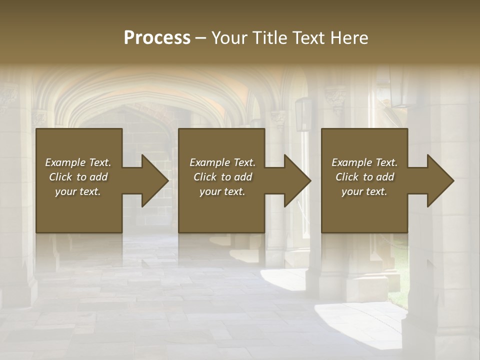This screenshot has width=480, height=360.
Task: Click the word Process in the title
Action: point(157,38)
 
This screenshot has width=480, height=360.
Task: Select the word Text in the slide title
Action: point(308,38)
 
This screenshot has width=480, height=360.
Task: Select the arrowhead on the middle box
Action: point(296,180)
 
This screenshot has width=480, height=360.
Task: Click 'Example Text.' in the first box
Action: point(78,162)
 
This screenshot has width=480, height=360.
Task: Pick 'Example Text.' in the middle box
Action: point(222,162)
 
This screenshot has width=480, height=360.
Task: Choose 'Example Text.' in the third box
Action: point(364,162)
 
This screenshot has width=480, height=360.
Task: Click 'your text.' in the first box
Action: point(78,191)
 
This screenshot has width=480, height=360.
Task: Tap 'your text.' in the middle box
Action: point(222,191)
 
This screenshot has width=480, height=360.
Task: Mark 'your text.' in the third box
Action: point(364,191)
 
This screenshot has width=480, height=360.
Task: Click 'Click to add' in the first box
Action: point(78,177)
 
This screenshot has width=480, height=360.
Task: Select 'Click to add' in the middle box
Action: point(222,177)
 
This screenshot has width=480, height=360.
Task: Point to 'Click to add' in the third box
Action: point(364,177)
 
